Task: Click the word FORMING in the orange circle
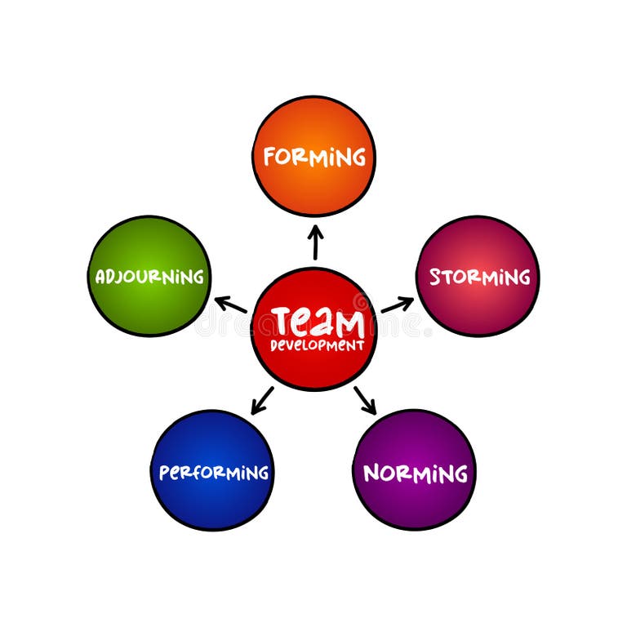(x=313, y=156)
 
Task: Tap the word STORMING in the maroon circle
(x=479, y=277)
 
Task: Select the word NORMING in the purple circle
(x=415, y=473)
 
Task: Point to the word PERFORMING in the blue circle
(x=213, y=473)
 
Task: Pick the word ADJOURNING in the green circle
(x=149, y=277)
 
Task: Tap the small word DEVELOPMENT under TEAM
(x=318, y=345)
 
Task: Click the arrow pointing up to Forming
(x=315, y=242)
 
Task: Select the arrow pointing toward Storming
(x=397, y=305)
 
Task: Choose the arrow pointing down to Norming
(x=365, y=400)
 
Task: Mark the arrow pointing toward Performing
(x=263, y=400)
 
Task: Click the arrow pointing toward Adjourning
(x=231, y=305)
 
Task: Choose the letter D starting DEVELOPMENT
(x=275, y=345)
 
